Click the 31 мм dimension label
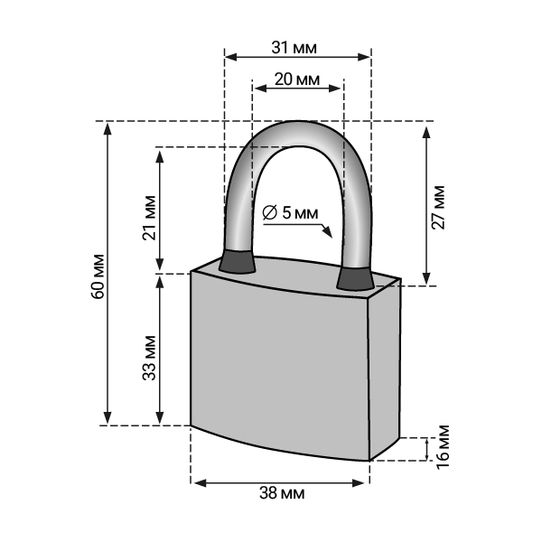pos(294,48)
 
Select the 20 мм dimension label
pos(297,79)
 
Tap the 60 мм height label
pos(98,276)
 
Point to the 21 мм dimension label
pos(149,218)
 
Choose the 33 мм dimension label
pos(149,358)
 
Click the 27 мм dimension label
pos(438,208)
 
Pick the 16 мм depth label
pos(443,446)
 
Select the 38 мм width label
pos(282,493)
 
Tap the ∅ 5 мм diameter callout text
pos(290,212)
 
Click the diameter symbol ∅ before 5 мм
pos(269,212)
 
